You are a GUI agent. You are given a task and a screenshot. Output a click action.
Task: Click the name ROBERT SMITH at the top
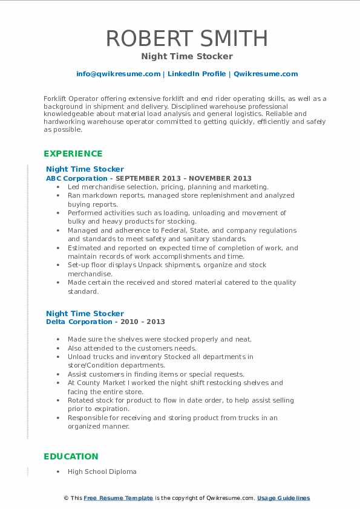[187, 38]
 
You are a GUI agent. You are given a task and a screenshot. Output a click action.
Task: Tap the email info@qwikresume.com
[118, 74]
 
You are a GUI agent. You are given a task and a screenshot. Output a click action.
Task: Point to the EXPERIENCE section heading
[73, 154]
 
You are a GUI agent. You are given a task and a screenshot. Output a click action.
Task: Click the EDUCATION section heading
[71, 456]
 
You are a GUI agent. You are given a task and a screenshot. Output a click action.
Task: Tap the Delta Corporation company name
[79, 322]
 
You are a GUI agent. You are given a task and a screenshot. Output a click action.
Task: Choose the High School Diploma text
[102, 472]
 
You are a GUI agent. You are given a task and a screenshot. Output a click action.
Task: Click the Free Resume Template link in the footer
[118, 498]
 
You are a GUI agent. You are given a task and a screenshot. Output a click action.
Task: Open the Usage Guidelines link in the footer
[283, 498]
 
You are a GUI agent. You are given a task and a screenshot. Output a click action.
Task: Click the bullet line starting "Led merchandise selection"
[168, 187]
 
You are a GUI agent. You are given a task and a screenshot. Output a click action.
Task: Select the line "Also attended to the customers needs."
[132, 348]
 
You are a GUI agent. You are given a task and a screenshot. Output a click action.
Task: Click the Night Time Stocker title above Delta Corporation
[85, 313]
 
